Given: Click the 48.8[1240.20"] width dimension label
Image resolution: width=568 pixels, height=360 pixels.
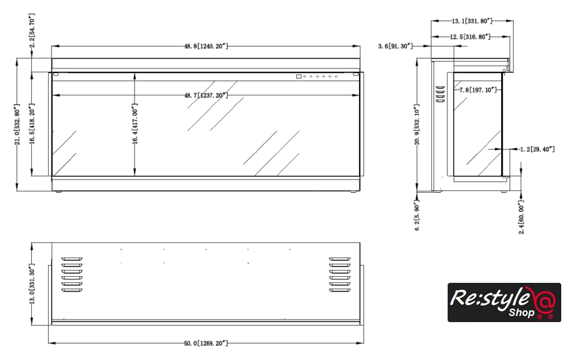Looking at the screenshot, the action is (x=206, y=46).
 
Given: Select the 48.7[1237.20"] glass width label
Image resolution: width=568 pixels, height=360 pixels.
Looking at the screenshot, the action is (x=206, y=95).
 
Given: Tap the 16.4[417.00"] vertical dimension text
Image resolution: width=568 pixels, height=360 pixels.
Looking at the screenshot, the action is (x=135, y=124).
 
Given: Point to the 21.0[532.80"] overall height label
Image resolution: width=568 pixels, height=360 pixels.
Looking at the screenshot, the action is (x=17, y=125).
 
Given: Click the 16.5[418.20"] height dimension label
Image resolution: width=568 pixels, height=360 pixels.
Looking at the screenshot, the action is (x=32, y=124).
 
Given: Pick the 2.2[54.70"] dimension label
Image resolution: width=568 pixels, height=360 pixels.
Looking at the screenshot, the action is (x=32, y=31).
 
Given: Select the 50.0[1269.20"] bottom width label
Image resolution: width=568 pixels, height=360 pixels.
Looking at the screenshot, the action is (x=206, y=343).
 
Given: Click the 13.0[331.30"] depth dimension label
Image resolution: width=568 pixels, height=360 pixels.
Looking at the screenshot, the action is (x=32, y=284).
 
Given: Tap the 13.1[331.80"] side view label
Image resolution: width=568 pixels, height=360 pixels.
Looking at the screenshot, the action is (x=472, y=21).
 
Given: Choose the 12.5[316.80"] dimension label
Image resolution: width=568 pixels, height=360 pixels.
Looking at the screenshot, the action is (x=470, y=37).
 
